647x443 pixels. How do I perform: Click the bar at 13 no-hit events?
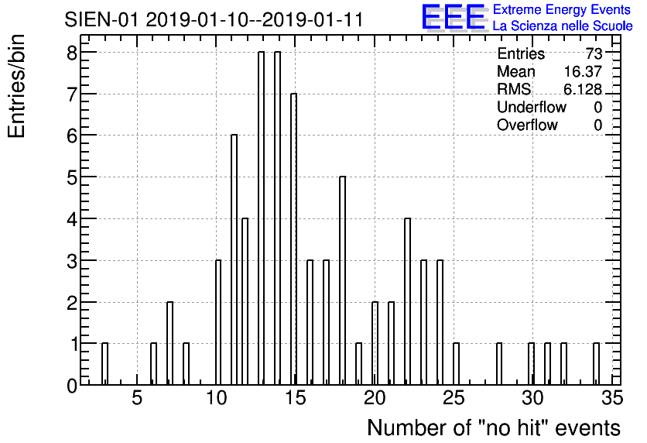point(261,218)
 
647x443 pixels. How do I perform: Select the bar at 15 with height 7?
point(294,239)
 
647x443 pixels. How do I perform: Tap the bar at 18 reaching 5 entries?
point(343,280)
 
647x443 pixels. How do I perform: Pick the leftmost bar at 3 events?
point(104,364)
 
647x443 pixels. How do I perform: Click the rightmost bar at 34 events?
point(596,364)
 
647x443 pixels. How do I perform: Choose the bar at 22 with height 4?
point(407,302)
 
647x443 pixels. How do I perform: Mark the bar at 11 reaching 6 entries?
point(234,260)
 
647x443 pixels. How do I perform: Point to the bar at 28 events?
point(499,364)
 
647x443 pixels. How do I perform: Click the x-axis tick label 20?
point(375,399)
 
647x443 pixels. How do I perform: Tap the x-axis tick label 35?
point(612,399)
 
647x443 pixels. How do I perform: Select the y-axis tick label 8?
point(72,53)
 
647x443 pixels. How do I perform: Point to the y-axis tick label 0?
point(72,386)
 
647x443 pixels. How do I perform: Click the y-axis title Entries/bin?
point(17,87)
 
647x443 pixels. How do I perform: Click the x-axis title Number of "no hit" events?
point(494,428)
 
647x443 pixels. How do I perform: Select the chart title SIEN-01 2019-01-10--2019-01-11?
point(214,19)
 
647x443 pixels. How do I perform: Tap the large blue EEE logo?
point(454,17)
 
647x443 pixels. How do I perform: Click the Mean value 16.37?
point(583,71)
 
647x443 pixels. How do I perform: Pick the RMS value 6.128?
point(583,89)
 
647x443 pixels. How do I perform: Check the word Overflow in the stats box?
point(527,125)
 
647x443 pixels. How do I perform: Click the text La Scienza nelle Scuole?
point(563,26)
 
